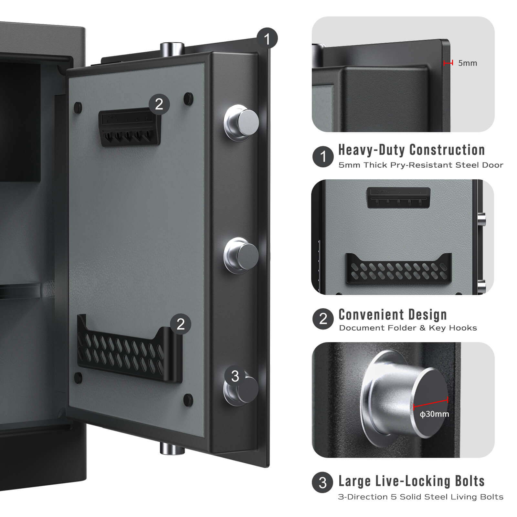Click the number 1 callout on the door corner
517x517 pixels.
(267, 38)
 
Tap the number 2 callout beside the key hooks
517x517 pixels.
(159, 104)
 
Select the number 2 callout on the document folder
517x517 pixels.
(180, 324)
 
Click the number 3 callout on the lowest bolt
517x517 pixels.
(235, 376)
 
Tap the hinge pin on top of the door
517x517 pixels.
(172, 49)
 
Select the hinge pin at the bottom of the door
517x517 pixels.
(172, 449)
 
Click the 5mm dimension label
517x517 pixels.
(467, 63)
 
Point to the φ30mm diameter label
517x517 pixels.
(434, 414)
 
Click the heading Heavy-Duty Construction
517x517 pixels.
(411, 150)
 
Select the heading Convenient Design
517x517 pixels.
(392, 314)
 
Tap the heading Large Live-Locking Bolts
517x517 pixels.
(411, 481)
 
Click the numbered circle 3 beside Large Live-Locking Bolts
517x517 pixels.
(322, 482)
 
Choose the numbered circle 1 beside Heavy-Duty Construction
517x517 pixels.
(323, 157)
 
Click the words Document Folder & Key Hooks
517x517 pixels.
(408, 328)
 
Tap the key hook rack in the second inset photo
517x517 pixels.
(399, 197)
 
